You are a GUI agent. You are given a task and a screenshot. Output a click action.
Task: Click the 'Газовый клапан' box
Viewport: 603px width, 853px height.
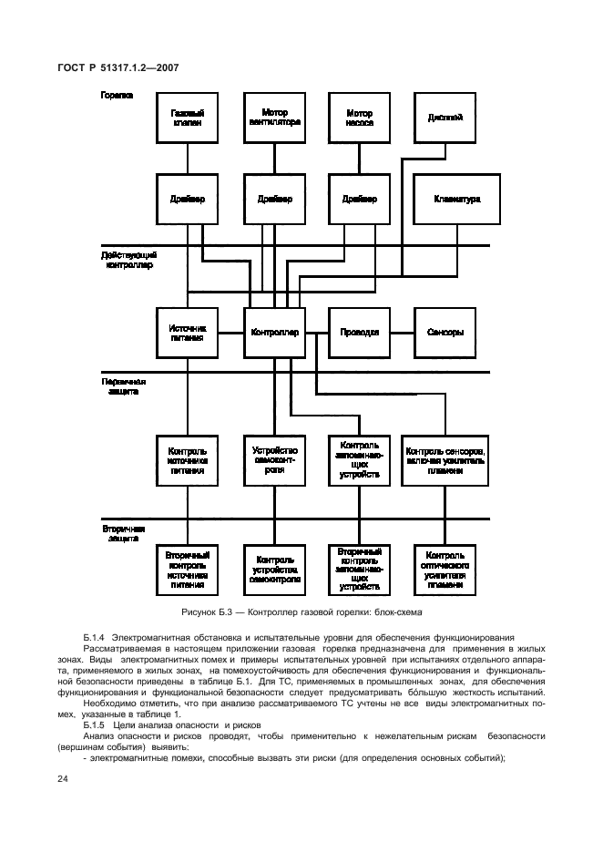click(188, 118)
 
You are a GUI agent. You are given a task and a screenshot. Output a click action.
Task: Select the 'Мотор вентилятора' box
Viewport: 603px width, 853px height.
click(274, 118)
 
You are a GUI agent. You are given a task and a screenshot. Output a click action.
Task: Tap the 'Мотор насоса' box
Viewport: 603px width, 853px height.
click(359, 118)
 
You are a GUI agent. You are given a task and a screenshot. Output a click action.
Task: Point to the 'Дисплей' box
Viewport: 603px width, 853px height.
click(445, 118)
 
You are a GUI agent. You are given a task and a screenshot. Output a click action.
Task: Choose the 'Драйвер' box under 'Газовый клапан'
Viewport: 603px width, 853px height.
click(188, 200)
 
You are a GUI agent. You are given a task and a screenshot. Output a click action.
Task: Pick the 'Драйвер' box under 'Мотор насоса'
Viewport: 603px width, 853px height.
click(359, 200)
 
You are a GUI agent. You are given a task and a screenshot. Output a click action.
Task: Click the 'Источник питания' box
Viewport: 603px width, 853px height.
click(188, 333)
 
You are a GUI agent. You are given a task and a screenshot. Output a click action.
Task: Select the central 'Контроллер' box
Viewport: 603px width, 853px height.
click(274, 333)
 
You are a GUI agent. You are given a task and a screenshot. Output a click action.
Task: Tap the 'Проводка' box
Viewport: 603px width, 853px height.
click(359, 333)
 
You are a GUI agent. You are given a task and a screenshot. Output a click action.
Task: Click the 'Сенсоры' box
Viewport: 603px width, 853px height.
click(445, 333)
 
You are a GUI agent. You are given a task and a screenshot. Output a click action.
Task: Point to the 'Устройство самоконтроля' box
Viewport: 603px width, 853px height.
click(274, 461)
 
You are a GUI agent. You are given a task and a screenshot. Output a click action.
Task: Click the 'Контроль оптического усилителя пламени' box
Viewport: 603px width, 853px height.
click(445, 571)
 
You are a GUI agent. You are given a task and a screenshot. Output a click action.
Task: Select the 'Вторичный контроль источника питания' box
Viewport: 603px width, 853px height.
click(188, 571)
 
